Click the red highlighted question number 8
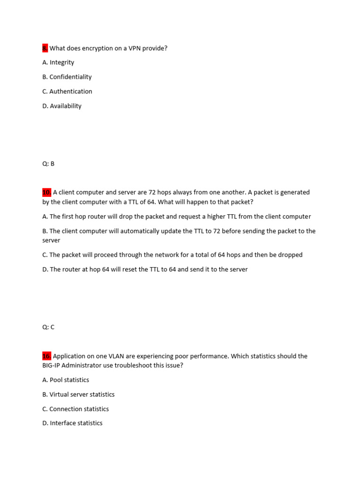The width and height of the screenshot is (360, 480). tap(45, 48)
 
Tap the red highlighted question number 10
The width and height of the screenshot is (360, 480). tap(46, 192)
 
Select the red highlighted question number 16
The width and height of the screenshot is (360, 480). tap(46, 356)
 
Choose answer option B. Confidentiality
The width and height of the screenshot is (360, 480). tap(67, 77)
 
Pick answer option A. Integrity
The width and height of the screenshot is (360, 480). tap(58, 62)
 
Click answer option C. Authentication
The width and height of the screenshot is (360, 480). tap(67, 91)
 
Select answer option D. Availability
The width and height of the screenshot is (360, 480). tap(62, 106)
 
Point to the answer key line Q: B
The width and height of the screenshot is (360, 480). tap(48, 164)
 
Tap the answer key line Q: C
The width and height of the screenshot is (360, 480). tap(48, 327)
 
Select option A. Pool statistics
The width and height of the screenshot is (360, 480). tap(66, 380)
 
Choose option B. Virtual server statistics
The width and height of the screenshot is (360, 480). tap(78, 395)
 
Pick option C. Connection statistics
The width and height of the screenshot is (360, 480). tap(75, 409)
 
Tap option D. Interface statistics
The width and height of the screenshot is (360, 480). tap(72, 423)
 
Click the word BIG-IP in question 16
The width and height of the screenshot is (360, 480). tap(52, 366)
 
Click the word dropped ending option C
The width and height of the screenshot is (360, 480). tap(290, 255)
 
